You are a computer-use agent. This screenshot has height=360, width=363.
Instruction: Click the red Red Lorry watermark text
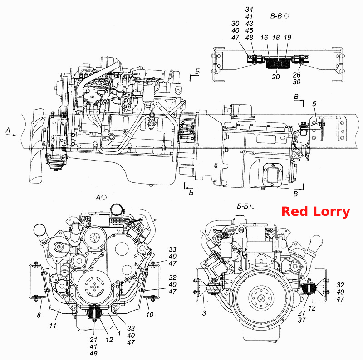[x=315, y=212]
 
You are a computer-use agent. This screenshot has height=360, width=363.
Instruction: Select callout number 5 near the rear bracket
[x=314, y=104]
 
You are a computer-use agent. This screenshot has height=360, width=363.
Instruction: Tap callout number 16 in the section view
[x=264, y=38]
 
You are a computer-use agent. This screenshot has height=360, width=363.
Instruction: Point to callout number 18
[x=276, y=38]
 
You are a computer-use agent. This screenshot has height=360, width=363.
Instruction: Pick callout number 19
[x=287, y=38]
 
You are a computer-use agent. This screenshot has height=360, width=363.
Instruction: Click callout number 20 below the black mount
[x=276, y=77]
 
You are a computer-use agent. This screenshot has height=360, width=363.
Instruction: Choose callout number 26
[x=297, y=75]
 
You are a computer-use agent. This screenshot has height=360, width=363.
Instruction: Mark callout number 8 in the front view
[x=39, y=315]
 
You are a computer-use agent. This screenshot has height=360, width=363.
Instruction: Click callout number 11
[x=53, y=325]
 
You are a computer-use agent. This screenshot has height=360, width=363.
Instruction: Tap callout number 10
[x=150, y=315]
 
